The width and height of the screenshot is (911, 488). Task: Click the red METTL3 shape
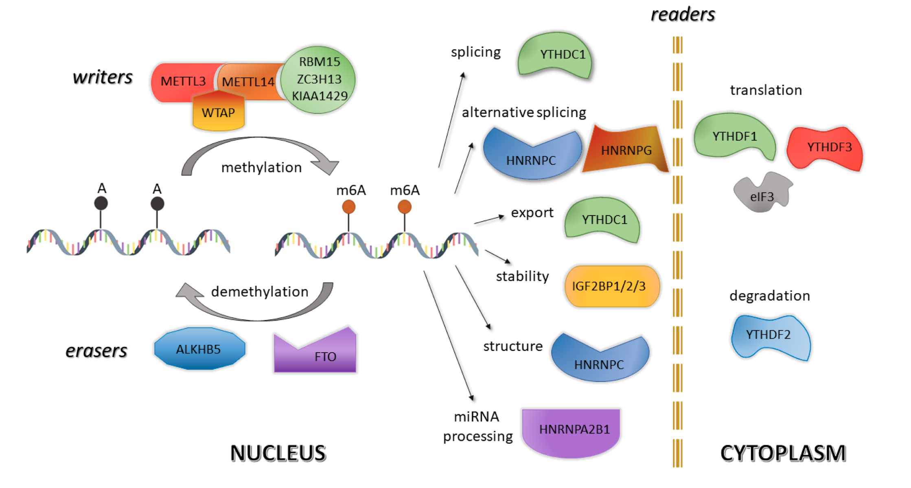pyautogui.click(x=181, y=81)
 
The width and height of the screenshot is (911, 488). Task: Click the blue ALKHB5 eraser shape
pyautogui.click(x=199, y=349)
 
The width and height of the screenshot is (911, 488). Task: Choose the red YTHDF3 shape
pyautogui.click(x=826, y=148)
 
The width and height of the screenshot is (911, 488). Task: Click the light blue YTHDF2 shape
pyautogui.click(x=769, y=335)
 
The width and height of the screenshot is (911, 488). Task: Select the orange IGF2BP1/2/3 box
pyautogui.click(x=611, y=286)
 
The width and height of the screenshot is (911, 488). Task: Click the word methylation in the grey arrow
pyautogui.click(x=261, y=168)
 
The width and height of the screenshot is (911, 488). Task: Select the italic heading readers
pyautogui.click(x=683, y=15)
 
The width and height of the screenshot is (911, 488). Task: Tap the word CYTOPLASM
pyautogui.click(x=783, y=453)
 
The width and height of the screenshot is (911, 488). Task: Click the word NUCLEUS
pyautogui.click(x=278, y=453)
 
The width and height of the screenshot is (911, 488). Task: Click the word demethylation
pyautogui.click(x=259, y=292)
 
